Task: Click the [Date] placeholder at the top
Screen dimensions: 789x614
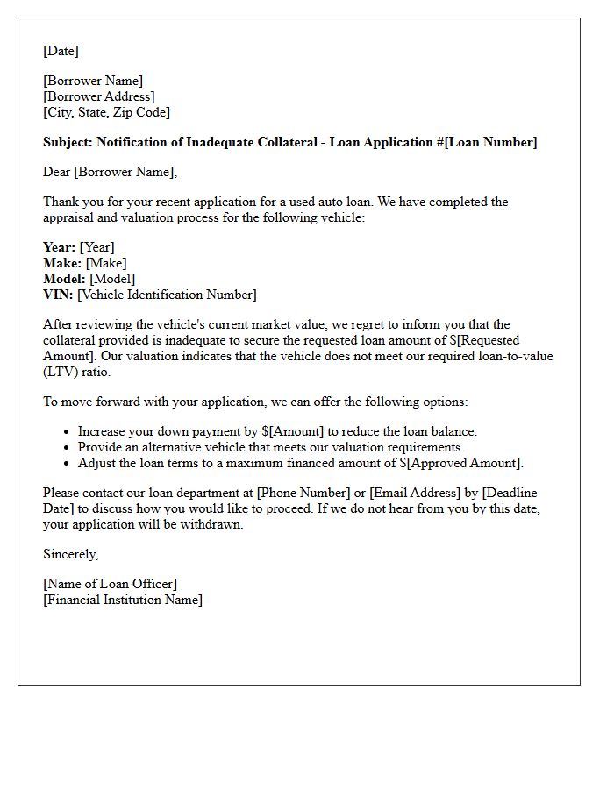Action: click(x=61, y=51)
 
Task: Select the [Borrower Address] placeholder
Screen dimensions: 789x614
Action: click(x=98, y=96)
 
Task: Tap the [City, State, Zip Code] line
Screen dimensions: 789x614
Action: click(x=106, y=112)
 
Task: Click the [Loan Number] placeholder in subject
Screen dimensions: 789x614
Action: click(x=492, y=142)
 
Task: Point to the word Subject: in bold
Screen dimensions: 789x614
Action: click(x=68, y=142)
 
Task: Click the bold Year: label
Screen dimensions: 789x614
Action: click(x=59, y=247)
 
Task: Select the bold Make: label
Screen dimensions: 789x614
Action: click(x=62, y=263)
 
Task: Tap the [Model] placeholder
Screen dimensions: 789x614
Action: click(x=112, y=279)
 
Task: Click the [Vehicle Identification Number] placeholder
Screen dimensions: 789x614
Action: click(x=167, y=295)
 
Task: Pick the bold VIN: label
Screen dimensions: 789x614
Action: click(x=58, y=295)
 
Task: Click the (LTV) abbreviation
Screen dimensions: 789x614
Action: click(x=60, y=372)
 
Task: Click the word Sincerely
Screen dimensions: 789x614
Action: click(x=70, y=554)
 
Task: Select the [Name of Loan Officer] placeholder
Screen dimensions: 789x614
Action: click(x=110, y=584)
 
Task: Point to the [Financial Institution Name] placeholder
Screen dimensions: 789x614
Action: click(x=123, y=600)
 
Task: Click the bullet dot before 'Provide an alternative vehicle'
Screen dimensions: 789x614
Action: click(x=67, y=447)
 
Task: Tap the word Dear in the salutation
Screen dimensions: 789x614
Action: click(x=56, y=172)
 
